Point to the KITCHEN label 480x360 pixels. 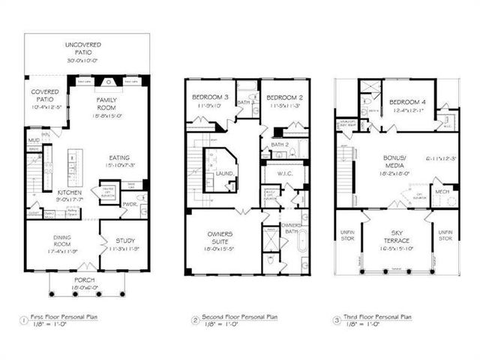(70, 192)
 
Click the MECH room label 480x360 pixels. (443, 191)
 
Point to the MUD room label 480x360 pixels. (34, 140)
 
